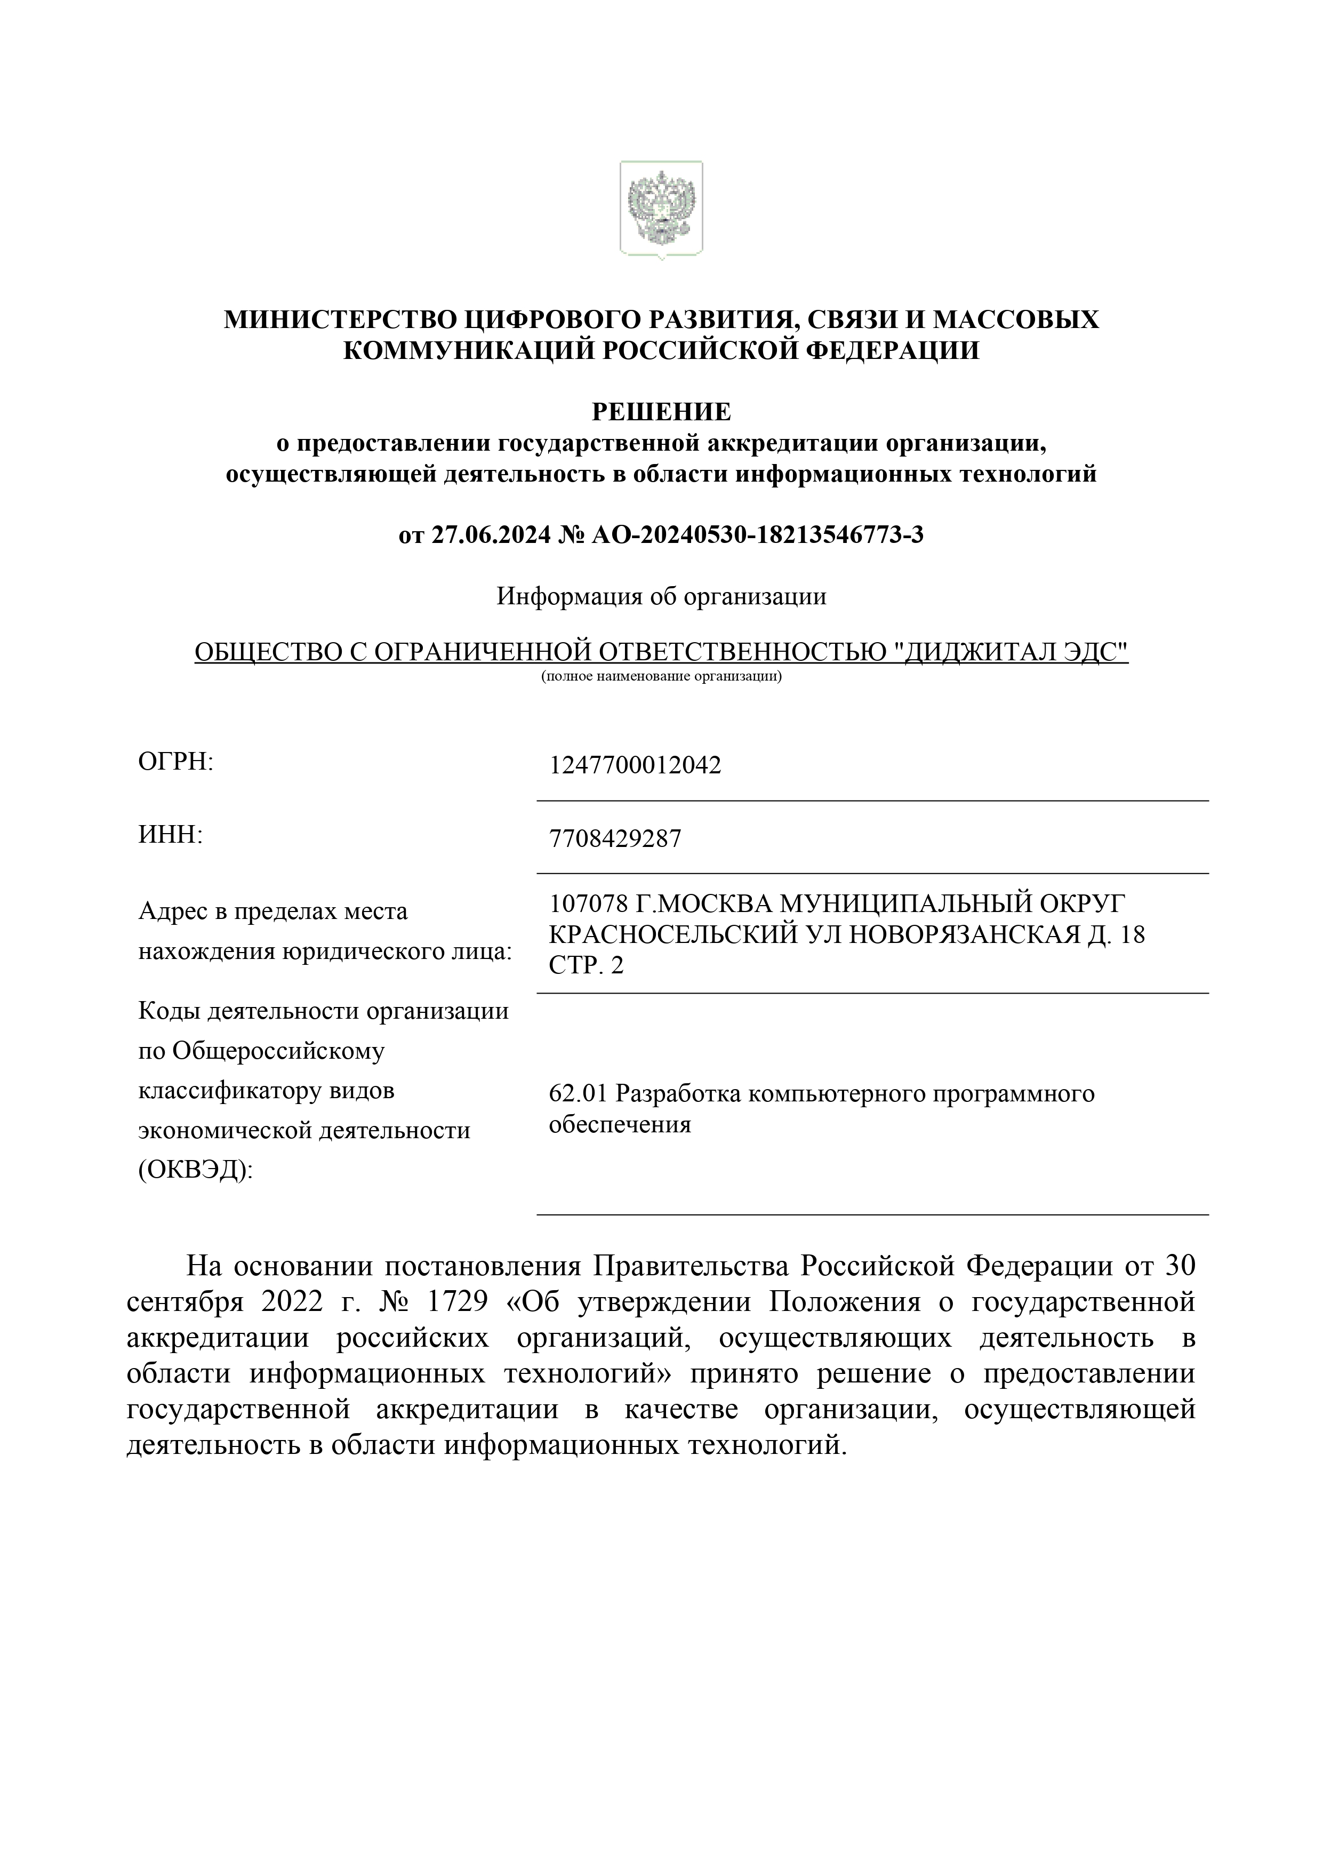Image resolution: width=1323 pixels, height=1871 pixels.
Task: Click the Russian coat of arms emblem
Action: point(661,210)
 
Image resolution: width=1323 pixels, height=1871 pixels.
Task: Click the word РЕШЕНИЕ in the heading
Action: point(661,412)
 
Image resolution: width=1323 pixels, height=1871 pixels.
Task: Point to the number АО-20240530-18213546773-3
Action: point(758,535)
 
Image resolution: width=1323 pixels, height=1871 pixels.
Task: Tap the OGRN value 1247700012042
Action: point(636,765)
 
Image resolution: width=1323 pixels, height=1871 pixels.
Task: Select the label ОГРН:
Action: point(175,762)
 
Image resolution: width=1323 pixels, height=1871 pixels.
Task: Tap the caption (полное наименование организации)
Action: point(661,676)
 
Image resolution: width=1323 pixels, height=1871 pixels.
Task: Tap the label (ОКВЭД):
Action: point(196,1170)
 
